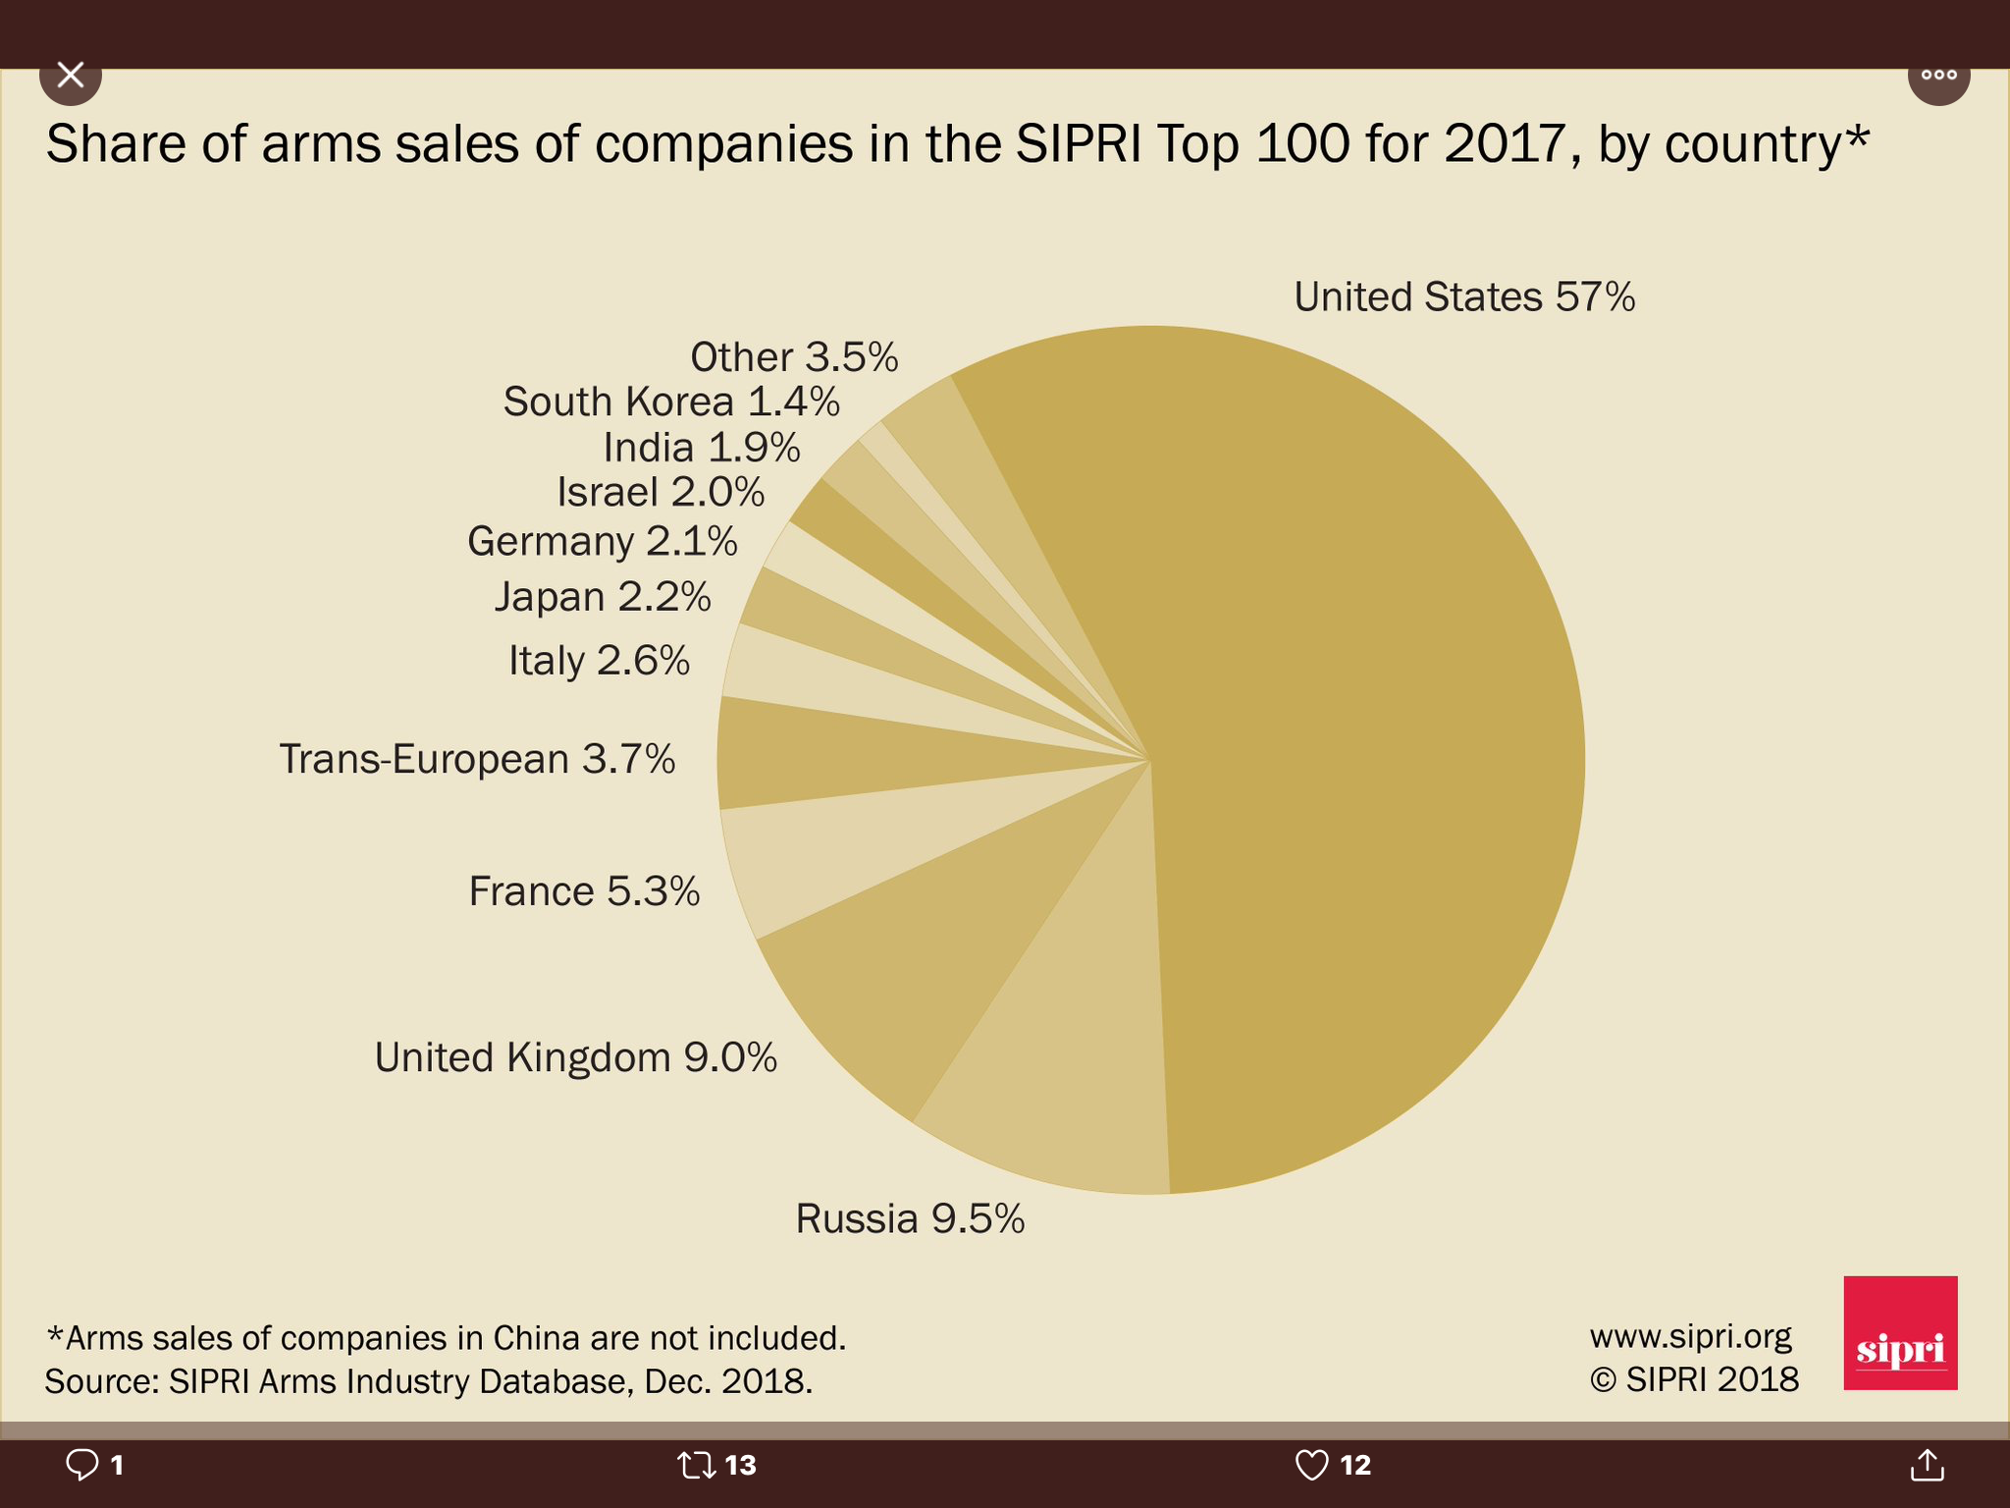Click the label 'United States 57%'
pos(1463,296)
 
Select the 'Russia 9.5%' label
pos(910,1218)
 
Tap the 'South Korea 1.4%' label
pos(671,402)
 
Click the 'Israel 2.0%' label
pos(661,492)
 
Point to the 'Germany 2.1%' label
pos(602,541)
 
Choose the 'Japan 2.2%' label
pos(603,597)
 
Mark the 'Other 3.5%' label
pos(794,356)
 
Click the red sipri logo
pos(1900,1332)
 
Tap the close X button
pos(71,75)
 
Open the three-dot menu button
pos(1938,75)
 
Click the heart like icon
pos(1311,1465)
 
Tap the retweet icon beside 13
pos(696,1465)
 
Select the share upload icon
pos(1927,1465)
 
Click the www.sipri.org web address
pos(1690,1336)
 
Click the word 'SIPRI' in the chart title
pos(1078,143)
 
